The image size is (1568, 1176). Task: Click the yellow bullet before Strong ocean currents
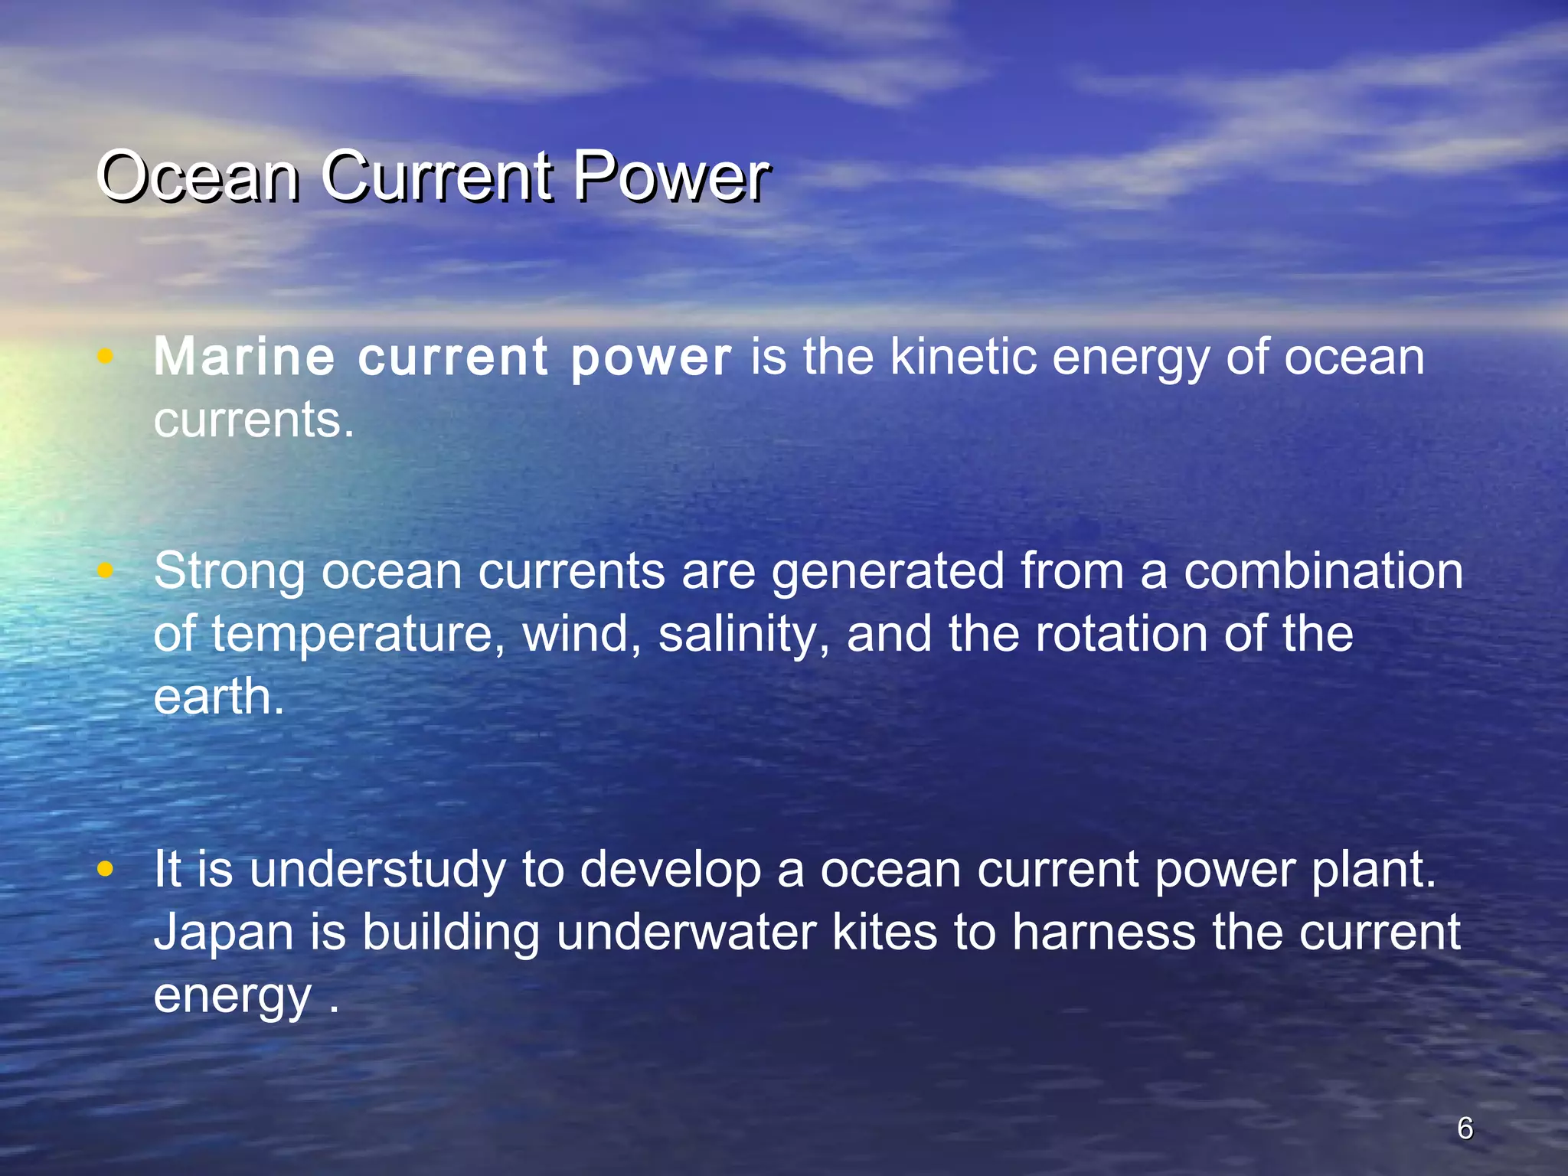pyautogui.click(x=106, y=570)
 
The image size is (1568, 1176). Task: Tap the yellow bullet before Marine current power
pyautogui.click(x=106, y=356)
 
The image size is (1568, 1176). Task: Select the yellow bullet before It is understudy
pyautogui.click(x=106, y=869)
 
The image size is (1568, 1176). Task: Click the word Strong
pyautogui.click(x=228, y=573)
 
